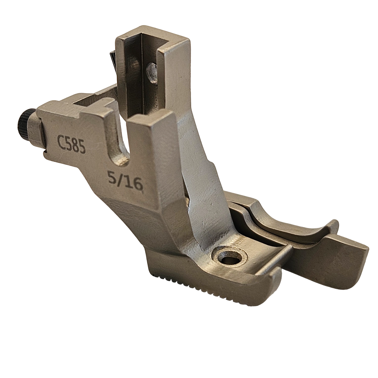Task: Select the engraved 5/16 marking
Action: point(126,181)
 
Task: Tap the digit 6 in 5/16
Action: point(138,186)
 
